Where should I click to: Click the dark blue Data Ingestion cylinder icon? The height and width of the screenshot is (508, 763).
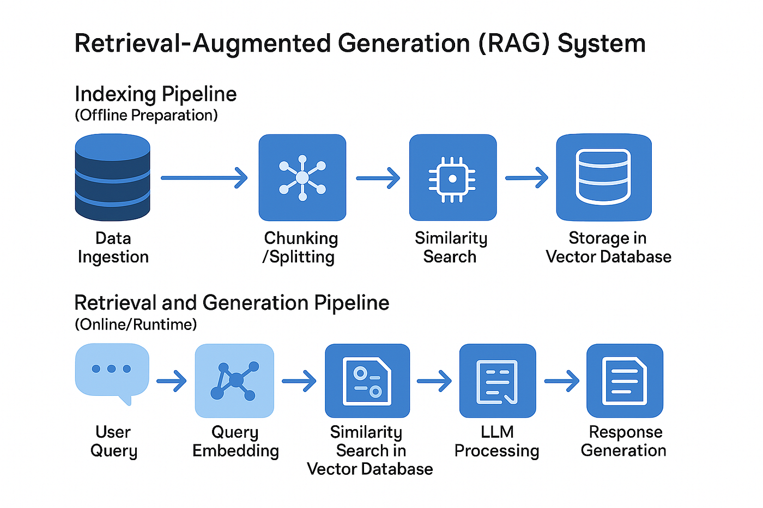113,178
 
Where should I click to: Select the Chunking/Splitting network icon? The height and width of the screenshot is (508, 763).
302,178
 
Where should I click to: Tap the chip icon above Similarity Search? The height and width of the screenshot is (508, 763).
452,178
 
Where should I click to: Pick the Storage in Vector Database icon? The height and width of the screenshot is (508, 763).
603,178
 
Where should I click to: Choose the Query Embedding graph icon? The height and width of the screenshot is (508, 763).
234,381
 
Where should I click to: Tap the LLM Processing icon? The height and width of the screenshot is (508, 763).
497,381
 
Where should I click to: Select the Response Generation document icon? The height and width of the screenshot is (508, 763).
625,381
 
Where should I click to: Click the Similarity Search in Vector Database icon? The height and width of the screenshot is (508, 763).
367,381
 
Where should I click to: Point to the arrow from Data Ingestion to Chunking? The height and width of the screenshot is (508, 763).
204,178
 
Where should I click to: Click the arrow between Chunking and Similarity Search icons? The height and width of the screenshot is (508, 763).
378,178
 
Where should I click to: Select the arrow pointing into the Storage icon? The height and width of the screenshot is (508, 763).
526,178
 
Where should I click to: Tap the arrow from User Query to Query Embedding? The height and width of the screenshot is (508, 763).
171,381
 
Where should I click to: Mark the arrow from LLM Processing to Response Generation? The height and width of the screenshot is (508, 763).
561,381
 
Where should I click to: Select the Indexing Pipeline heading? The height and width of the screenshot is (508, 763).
155,94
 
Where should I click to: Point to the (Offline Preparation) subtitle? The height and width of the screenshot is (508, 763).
146,115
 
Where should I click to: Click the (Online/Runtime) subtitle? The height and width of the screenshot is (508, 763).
136,325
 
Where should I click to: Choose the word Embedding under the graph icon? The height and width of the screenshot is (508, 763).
235,451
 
